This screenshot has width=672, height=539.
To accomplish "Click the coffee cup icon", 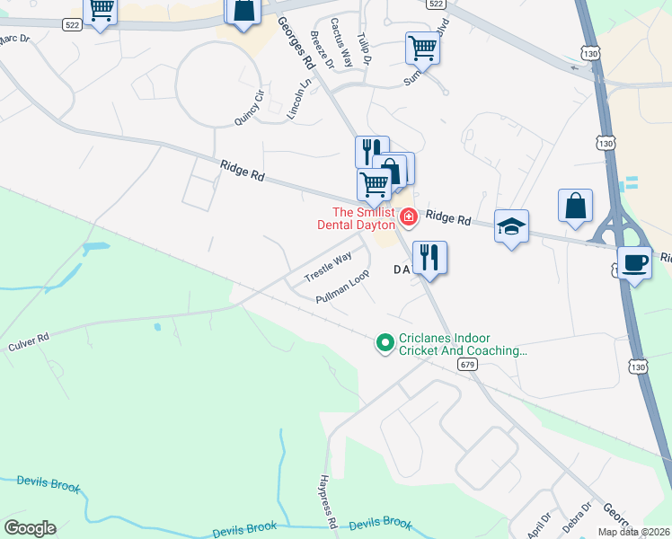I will click(634, 263).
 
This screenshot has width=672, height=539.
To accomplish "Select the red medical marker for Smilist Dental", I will click(408, 216).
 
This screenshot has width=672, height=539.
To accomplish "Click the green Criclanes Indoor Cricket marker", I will click(385, 343).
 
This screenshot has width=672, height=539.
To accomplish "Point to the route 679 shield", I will click(466, 365).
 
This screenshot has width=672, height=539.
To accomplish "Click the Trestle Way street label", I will click(328, 266).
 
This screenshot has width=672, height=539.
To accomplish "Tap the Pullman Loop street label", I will click(343, 287).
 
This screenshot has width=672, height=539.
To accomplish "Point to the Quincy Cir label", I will click(249, 108).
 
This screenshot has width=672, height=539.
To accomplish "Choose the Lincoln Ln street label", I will click(298, 99).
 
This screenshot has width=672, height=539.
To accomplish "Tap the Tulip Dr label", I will click(364, 46).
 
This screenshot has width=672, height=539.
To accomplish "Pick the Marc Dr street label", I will click(14, 40).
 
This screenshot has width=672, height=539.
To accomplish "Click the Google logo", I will click(30, 528).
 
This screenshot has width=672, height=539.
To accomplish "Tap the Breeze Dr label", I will click(321, 49).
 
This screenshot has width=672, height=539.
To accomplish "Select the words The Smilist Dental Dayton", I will click(356, 219).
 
